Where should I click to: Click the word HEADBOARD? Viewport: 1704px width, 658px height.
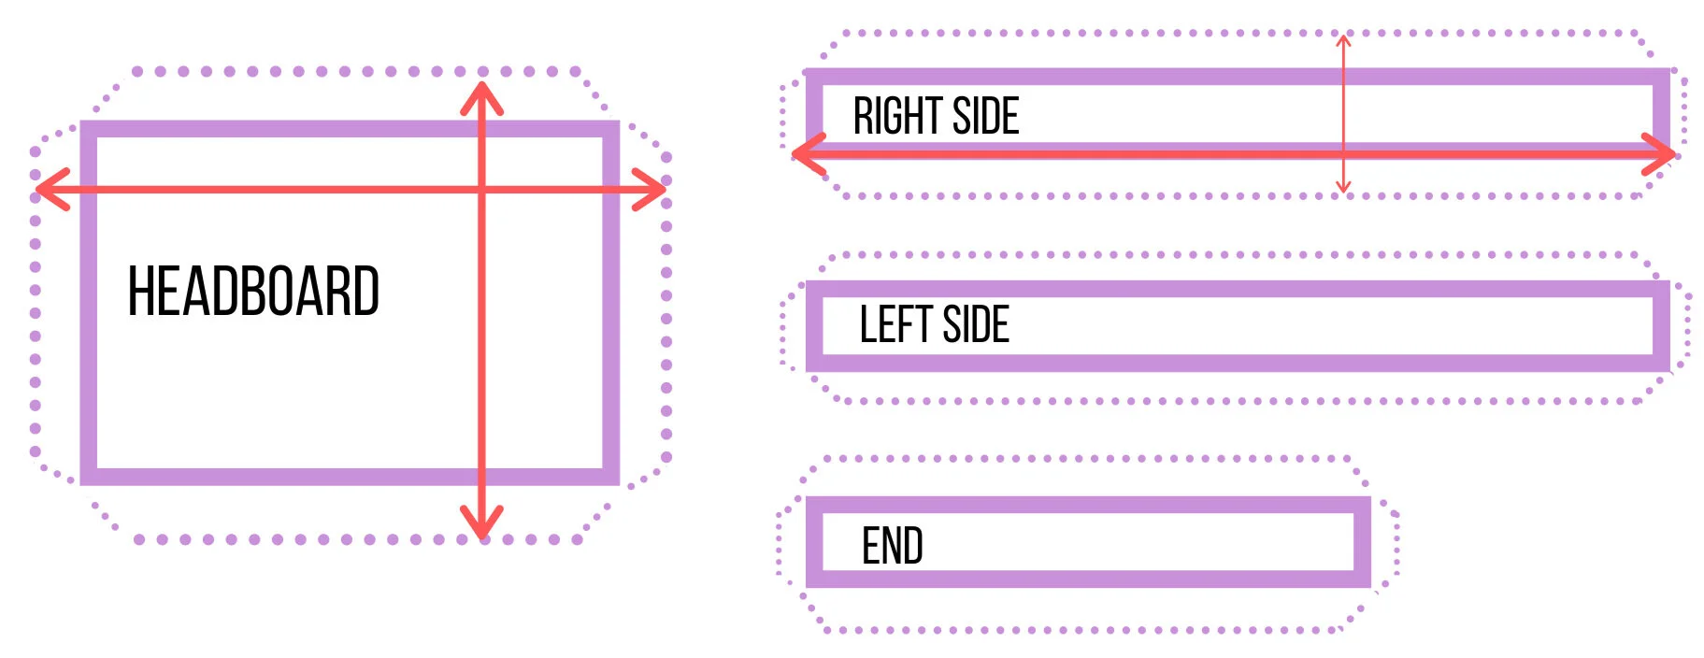(x=253, y=291)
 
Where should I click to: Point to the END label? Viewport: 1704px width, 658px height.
(x=892, y=546)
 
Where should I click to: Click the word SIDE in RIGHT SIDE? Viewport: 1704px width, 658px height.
(x=985, y=117)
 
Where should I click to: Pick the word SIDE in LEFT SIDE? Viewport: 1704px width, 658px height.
(x=976, y=325)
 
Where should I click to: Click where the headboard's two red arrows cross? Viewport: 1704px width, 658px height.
(x=481, y=190)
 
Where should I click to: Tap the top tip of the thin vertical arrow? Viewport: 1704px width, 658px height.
(x=1343, y=37)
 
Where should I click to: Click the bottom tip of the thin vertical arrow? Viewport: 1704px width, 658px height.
(x=1343, y=191)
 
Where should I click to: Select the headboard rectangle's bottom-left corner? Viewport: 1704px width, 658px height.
(x=89, y=477)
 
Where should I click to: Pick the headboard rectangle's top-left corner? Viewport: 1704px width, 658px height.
(x=89, y=129)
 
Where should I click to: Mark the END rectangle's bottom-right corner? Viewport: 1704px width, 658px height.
(x=1363, y=579)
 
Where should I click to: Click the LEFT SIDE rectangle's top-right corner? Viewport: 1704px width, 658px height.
(x=1662, y=289)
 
